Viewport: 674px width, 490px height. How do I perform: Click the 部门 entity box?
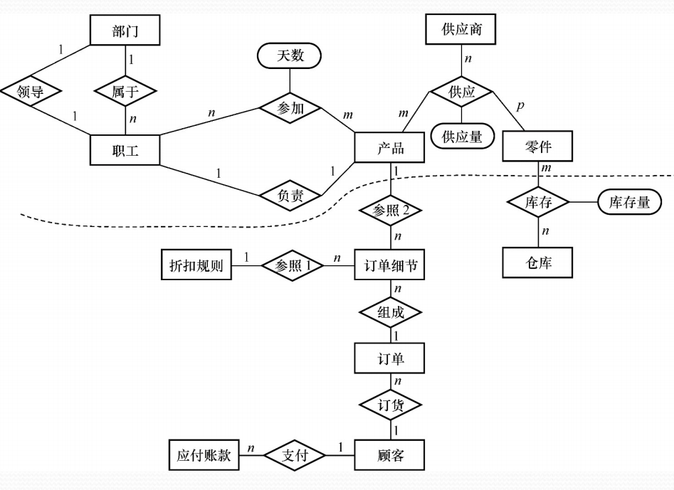point(125,31)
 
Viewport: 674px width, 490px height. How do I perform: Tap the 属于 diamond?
point(125,92)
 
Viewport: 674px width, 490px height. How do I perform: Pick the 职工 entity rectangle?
point(125,150)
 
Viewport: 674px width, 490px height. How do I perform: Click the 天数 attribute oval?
point(290,55)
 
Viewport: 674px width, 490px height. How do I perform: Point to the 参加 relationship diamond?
point(290,109)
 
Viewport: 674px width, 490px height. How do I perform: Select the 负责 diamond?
point(290,194)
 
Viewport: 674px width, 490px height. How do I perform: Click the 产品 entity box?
point(390,149)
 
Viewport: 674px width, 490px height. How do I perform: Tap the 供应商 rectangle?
point(460,31)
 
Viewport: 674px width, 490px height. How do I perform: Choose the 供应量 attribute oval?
point(462,137)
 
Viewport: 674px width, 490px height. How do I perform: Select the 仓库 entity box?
point(538,262)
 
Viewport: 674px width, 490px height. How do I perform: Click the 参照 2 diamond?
point(390,210)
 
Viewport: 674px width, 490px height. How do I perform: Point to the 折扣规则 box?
point(196,266)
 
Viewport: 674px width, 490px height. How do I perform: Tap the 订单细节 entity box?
point(390,266)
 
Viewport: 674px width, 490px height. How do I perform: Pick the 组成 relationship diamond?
point(390,311)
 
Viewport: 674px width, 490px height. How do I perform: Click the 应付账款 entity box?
point(204,455)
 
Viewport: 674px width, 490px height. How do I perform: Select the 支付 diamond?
point(295,455)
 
